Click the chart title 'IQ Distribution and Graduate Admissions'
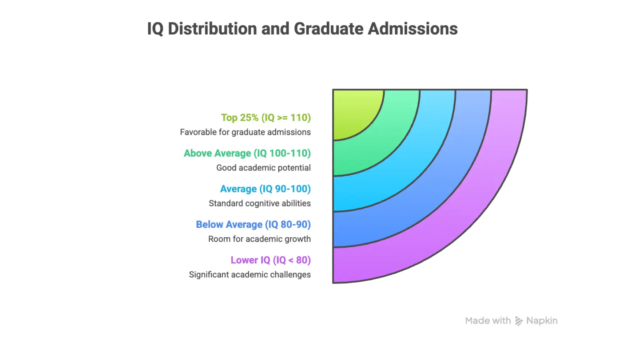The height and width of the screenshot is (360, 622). (302, 29)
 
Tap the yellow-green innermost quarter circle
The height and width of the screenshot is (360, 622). (353, 111)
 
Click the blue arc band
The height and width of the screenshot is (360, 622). (436, 193)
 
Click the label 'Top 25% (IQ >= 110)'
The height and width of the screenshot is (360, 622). (266, 118)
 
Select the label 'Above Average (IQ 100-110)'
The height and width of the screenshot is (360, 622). (247, 153)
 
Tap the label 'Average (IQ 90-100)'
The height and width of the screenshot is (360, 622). (266, 189)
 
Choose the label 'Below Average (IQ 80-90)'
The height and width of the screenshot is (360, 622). (254, 225)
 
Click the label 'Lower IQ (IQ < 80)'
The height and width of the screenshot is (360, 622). (271, 260)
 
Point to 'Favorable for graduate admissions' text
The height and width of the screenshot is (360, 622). (245, 132)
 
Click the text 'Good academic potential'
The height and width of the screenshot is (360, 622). (263, 168)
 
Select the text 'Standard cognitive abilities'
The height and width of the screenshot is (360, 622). (260, 204)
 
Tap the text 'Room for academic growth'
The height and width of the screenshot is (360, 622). (259, 239)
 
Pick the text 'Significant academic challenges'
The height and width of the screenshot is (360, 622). (250, 275)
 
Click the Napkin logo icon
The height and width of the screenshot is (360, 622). (519, 321)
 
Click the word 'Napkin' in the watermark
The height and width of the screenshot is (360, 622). (542, 321)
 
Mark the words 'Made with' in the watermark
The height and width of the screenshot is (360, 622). (488, 321)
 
